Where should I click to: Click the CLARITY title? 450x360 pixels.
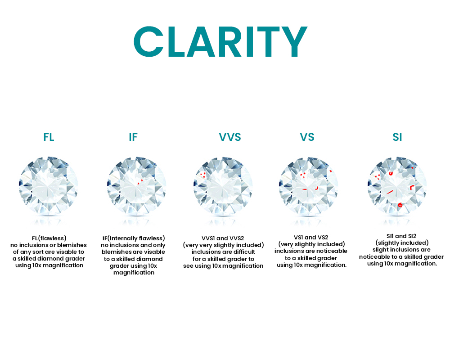tap(220, 42)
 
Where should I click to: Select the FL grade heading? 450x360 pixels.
tap(49, 137)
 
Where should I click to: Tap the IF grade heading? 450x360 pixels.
tap(133, 137)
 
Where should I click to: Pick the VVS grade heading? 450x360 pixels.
tap(230, 137)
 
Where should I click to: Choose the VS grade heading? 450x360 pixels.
tap(307, 137)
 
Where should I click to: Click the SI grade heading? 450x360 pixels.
tap(397, 137)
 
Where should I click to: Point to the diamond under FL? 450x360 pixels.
tap(48, 187)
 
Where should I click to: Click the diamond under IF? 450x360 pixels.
tap(136, 187)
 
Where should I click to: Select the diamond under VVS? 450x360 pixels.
tap(223, 187)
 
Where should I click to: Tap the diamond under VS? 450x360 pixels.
tap(309, 187)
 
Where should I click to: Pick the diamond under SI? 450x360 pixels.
tap(397, 187)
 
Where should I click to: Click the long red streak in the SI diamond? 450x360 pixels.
tap(390, 192)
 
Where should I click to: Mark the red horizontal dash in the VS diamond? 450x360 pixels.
tap(305, 189)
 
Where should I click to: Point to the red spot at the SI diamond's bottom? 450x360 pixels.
tap(400, 205)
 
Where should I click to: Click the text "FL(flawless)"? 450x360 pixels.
tap(49, 238)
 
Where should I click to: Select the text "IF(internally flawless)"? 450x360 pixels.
tap(134, 238)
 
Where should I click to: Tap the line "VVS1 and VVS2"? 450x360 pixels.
tap(223, 238)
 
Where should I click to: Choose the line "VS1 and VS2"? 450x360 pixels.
tap(311, 238)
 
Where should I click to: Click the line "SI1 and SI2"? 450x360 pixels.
tap(401, 236)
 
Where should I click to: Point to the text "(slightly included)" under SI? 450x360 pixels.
tap(402, 243)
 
